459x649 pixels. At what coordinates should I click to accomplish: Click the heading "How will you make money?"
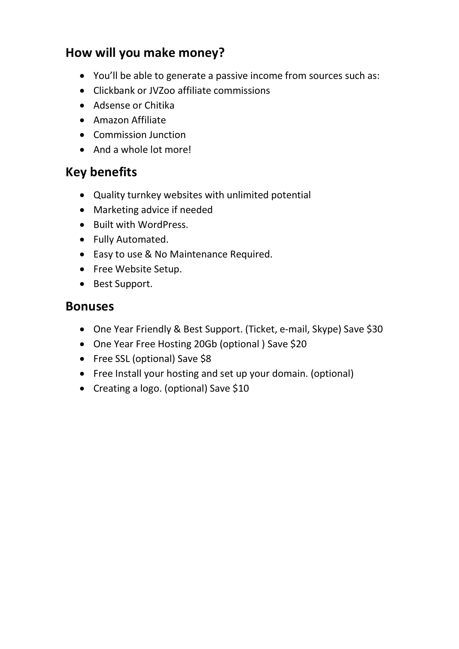145,53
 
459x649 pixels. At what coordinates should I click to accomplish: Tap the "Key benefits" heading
101,172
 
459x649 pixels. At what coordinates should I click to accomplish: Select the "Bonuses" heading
90,306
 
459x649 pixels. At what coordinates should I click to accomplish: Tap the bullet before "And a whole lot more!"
82,150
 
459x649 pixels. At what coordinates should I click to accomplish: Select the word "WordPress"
163,225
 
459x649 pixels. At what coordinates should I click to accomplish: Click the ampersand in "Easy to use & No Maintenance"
148,254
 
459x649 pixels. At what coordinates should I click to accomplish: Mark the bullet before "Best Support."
82,284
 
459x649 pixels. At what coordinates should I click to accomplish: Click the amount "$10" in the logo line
241,388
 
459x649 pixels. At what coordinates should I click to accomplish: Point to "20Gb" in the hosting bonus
205,344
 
